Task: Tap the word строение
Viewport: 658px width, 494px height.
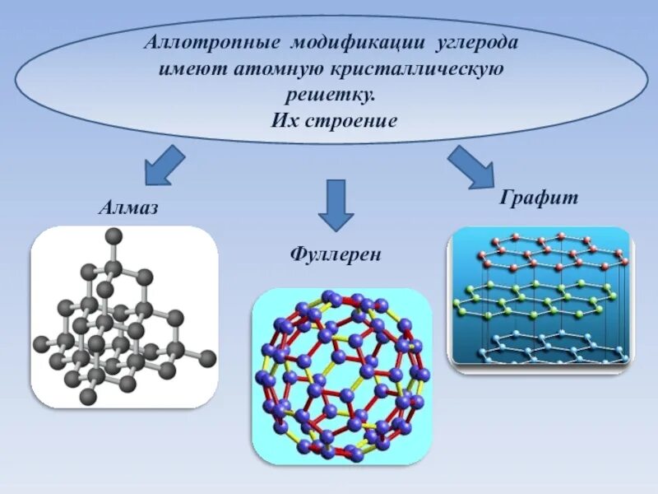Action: click(x=354, y=120)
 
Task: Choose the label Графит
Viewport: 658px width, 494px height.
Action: click(x=539, y=198)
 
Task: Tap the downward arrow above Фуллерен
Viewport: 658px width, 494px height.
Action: click(x=336, y=204)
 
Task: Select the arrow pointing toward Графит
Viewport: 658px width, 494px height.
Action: click(x=470, y=165)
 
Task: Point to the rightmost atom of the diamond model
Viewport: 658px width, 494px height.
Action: click(x=208, y=358)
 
